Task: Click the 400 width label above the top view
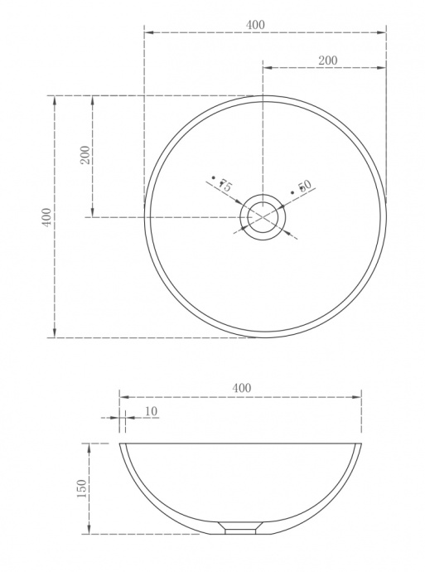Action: click(255, 25)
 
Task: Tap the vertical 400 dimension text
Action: click(48, 217)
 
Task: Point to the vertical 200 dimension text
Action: click(85, 156)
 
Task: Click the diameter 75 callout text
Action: click(221, 184)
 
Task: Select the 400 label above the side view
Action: click(241, 388)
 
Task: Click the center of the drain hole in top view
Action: click(263, 217)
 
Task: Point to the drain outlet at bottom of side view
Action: click(240, 528)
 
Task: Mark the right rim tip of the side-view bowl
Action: click(361, 444)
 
